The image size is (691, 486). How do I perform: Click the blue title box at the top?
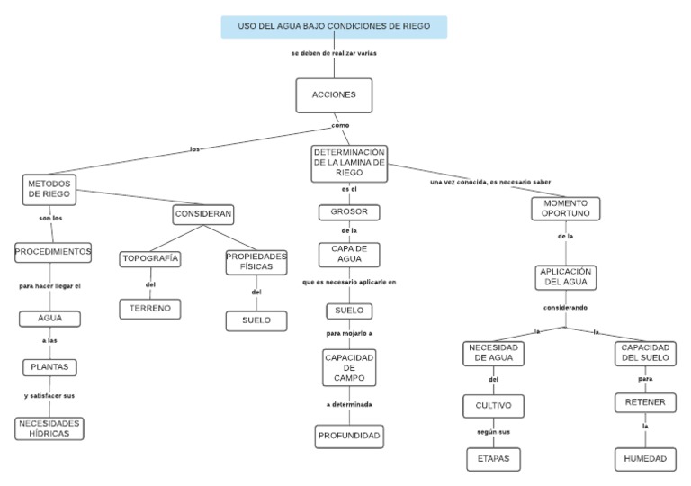(x=334, y=27)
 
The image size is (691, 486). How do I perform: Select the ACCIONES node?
(x=334, y=95)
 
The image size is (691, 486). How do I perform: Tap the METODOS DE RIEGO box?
(x=49, y=189)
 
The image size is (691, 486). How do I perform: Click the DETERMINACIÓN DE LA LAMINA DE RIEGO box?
(x=349, y=163)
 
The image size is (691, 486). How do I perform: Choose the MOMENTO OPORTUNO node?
(x=566, y=209)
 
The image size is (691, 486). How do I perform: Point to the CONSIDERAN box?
(x=203, y=214)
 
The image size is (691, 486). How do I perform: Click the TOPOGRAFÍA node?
(x=150, y=259)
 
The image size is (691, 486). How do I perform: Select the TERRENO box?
(x=150, y=309)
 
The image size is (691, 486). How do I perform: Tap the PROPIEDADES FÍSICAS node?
(x=256, y=262)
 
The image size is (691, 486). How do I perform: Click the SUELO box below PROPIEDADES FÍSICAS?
(x=256, y=320)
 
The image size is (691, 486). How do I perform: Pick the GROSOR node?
(x=349, y=213)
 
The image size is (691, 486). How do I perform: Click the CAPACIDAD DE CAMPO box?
(x=349, y=368)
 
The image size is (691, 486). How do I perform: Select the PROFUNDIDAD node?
(x=349, y=437)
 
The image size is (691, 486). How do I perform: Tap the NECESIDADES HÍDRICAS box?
(x=49, y=428)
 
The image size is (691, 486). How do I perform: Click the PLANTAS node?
(x=49, y=367)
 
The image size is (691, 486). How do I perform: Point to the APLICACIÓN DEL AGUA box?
(x=566, y=276)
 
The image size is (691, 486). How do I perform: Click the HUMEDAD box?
(x=645, y=459)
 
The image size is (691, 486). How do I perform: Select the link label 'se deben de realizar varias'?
(x=334, y=54)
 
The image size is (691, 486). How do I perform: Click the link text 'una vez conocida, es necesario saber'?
(x=490, y=183)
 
